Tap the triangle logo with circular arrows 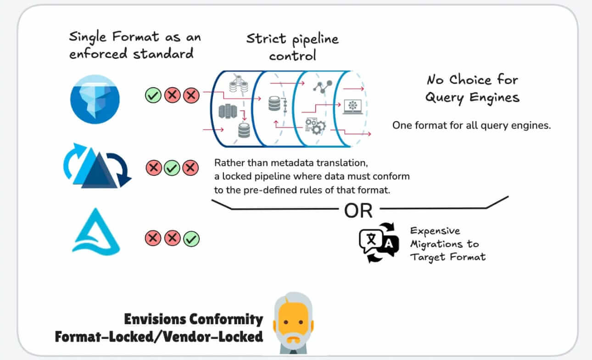(x=97, y=167)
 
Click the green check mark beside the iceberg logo (x=153, y=96)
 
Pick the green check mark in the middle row (x=172, y=168)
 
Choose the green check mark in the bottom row (x=191, y=239)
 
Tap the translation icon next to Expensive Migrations (x=376, y=242)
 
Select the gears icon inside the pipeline (x=314, y=125)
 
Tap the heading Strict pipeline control (x=292, y=47)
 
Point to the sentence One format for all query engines (x=471, y=125)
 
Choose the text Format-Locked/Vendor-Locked (x=159, y=337)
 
